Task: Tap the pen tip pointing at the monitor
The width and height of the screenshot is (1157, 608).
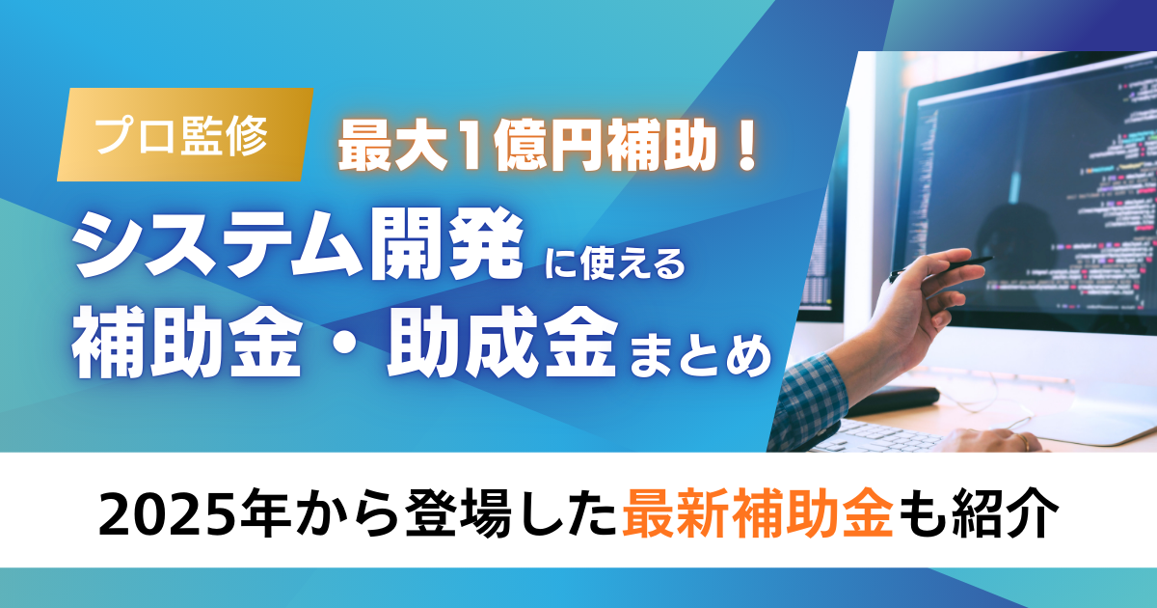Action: pyautogui.click(x=985, y=259)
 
